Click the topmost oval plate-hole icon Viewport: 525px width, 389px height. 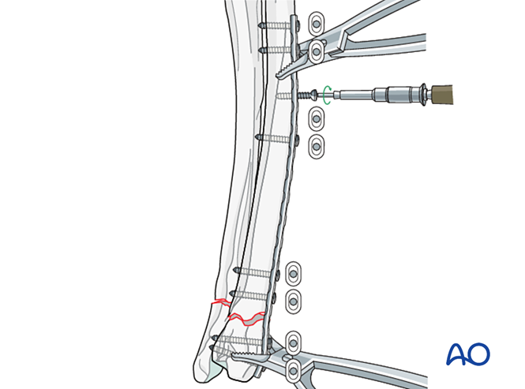(316, 21)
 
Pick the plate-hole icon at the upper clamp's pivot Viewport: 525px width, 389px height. (316, 52)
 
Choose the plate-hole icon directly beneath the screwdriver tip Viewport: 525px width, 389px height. (316, 118)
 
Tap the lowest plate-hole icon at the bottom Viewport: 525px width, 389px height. (294, 369)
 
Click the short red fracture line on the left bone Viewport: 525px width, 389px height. (218, 302)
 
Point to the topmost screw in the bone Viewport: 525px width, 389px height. (276, 24)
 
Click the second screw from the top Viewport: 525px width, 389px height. (276, 50)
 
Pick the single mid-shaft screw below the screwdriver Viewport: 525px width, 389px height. (276, 137)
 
